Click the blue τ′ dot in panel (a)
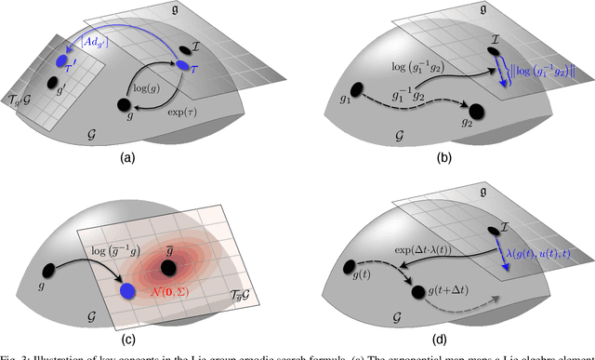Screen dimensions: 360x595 coord(62,62)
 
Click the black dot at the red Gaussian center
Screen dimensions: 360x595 coord(170,269)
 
